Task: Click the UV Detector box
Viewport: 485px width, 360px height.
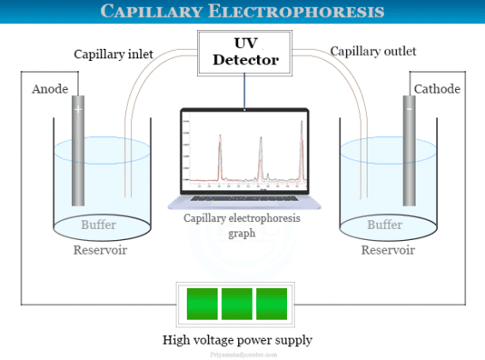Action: (244, 51)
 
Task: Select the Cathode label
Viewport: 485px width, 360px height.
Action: (437, 89)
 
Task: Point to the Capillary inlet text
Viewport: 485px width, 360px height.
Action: (113, 54)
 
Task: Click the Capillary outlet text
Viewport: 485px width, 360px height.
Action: (374, 51)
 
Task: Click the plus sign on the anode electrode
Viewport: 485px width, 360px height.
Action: (78, 110)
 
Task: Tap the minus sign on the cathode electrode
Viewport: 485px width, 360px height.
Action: (409, 110)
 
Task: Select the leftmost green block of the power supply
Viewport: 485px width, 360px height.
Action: (202, 304)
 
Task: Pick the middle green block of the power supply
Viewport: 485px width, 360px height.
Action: (237, 304)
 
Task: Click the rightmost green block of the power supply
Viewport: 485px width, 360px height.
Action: (272, 304)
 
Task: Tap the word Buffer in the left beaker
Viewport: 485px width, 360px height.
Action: (99, 225)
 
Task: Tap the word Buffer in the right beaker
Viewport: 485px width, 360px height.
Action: (385, 225)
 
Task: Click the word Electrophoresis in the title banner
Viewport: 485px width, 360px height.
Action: (309, 11)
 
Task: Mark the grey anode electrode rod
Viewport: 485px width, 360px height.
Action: (78, 154)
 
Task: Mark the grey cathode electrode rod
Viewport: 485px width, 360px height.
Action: (409, 154)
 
